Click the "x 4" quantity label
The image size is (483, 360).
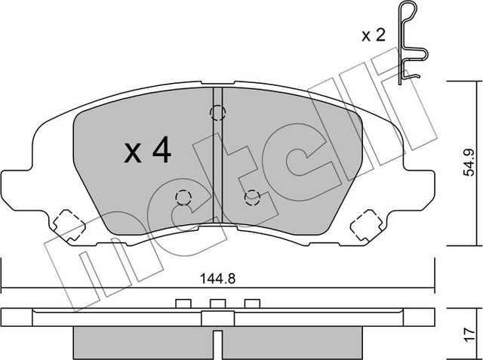[x=148, y=153]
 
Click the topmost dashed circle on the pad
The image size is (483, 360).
[x=218, y=114]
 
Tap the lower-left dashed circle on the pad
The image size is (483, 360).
[x=183, y=198]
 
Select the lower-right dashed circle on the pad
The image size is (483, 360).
[x=252, y=197]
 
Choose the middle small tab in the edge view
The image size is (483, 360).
[x=217, y=304]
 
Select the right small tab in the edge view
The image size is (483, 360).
[x=253, y=304]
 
